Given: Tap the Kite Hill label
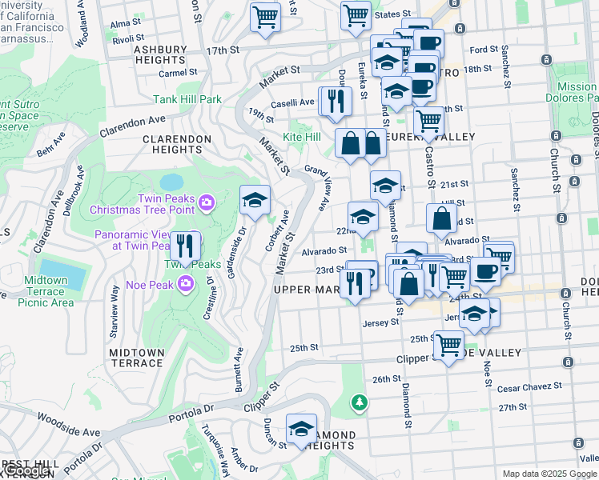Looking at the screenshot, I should (302, 138).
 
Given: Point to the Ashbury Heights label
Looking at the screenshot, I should (159, 54).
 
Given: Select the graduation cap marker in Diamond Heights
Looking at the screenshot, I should (301, 429).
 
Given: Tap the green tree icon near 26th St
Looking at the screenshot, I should (360, 400).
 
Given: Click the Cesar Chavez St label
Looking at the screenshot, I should (529, 387).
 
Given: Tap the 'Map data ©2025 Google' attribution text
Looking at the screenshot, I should (549, 474).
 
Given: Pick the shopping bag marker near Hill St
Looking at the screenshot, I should (441, 218).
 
